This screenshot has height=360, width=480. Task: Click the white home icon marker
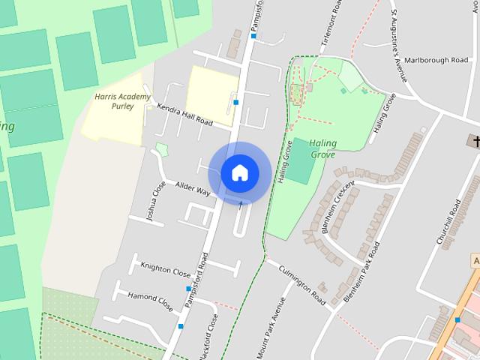click(x=240, y=172)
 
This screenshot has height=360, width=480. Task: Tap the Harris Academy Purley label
click(x=123, y=101)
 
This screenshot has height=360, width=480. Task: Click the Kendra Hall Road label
click(x=184, y=114)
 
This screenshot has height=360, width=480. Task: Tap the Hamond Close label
click(x=150, y=301)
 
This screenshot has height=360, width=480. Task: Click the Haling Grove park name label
click(x=321, y=148)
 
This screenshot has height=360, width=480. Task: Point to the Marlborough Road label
click(x=436, y=60)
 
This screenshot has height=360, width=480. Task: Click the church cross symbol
click(x=474, y=141)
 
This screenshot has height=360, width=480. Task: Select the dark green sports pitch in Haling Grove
click(x=301, y=160)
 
